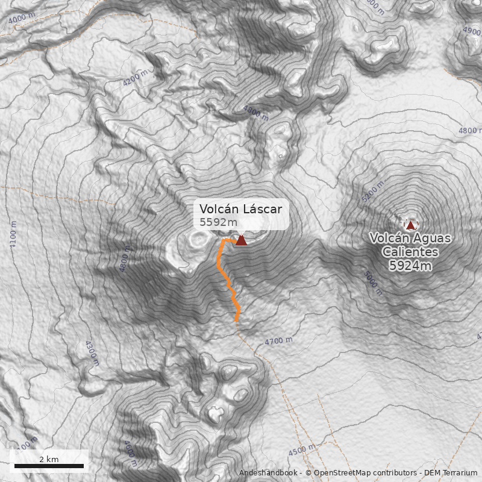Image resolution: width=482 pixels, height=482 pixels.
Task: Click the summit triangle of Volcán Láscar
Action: click(241, 240)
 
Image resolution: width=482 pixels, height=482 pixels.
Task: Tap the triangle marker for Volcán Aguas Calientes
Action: click(411, 225)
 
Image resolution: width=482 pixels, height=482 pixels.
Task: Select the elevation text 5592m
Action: click(219, 222)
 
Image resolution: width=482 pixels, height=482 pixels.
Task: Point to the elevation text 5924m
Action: click(410, 265)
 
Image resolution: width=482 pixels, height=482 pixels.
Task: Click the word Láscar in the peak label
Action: click(262, 209)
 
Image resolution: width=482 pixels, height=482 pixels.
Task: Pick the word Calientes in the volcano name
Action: click(410, 252)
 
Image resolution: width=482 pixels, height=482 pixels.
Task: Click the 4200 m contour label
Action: click(135, 78)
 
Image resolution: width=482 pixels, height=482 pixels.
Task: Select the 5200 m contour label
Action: click(371, 193)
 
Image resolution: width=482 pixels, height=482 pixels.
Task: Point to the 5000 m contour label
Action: click(373, 283)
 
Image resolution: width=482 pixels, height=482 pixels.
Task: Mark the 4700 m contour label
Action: click(278, 342)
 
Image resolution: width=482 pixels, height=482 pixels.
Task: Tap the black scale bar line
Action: click(49, 466)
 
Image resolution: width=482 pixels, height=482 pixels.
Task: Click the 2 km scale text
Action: click(49, 459)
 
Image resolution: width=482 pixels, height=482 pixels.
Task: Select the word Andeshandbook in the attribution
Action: click(269, 473)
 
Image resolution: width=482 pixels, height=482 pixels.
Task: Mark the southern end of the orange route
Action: click(237, 321)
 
